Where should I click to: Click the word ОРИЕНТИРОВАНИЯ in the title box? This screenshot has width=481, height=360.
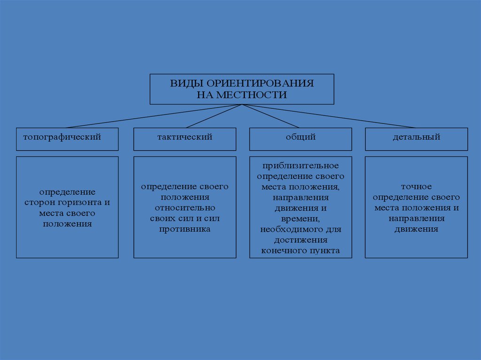tap(253, 84)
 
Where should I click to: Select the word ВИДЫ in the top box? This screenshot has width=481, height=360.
tap(181, 84)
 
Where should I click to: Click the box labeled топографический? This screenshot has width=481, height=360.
tap(67, 139)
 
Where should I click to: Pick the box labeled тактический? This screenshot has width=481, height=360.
tap(185, 139)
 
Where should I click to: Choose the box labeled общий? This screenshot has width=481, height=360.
tap(300, 139)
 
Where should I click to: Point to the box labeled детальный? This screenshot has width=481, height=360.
tap(416, 139)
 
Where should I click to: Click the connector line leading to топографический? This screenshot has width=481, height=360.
tap(155, 116)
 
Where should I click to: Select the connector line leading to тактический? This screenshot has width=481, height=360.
tap(214, 116)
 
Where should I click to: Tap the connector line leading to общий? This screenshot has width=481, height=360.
tap(271, 116)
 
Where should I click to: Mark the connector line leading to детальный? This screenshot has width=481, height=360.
tap(329, 116)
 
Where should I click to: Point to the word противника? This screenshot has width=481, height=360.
tap(185, 229)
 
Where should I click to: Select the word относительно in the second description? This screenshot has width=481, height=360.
tap(185, 207)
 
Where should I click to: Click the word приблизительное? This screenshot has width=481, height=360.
tap(300, 166)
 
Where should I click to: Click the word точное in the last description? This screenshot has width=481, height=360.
tap(416, 187)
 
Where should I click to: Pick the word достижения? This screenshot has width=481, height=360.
tap(300, 240)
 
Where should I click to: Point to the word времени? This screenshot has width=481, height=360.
tap(300, 219)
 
